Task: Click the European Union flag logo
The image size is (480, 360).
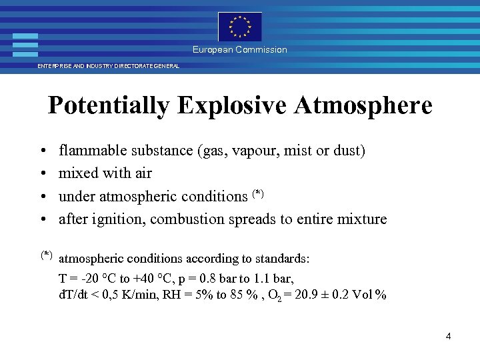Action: point(240,27)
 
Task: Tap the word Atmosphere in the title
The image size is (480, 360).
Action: point(364,105)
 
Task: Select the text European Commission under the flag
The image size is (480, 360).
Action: point(240,50)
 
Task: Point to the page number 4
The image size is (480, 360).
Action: point(449,336)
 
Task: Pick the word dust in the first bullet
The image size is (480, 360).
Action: point(349,151)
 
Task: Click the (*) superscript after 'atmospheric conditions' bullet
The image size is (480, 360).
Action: point(259,193)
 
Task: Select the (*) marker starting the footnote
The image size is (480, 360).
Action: point(46,254)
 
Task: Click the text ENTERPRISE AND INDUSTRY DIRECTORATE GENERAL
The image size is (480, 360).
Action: point(108,67)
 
